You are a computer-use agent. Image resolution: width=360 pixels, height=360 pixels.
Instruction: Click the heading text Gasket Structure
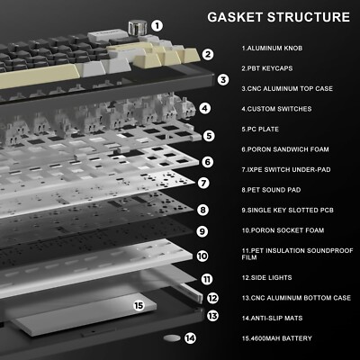(x=278, y=17)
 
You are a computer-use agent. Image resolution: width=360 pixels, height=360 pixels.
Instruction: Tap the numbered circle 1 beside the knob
(x=157, y=26)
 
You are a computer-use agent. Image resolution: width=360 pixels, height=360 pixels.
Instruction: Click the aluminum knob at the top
(x=139, y=27)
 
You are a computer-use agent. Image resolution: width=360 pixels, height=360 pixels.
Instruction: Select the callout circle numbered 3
(x=222, y=79)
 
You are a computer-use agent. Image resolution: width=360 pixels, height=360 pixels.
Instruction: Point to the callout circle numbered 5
(x=208, y=136)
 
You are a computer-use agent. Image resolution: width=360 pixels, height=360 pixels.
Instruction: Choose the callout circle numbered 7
(x=203, y=183)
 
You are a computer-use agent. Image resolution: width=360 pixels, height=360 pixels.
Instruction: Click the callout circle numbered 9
(x=202, y=230)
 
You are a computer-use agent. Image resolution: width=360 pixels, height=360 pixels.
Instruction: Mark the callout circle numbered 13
(x=213, y=315)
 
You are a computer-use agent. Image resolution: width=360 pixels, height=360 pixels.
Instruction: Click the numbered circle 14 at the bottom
(x=189, y=338)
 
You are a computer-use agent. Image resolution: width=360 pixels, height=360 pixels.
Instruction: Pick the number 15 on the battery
(x=139, y=305)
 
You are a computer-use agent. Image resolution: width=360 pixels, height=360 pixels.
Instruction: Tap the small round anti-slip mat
(x=172, y=338)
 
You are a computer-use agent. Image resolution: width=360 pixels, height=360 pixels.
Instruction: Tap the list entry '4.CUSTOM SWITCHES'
(x=277, y=108)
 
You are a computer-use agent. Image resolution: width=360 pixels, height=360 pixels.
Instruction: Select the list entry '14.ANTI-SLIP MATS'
(x=278, y=318)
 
